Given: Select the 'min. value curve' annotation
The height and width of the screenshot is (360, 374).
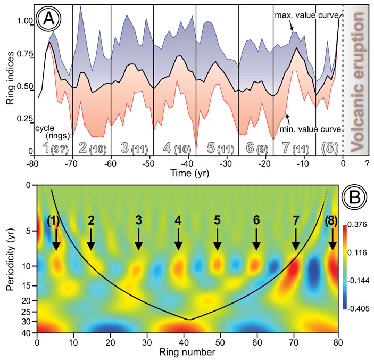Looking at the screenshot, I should tap(311, 128).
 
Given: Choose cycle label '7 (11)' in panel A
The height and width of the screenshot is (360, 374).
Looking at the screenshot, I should tap(294, 146).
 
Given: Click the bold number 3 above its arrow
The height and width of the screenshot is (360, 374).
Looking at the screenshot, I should tap(138, 219).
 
